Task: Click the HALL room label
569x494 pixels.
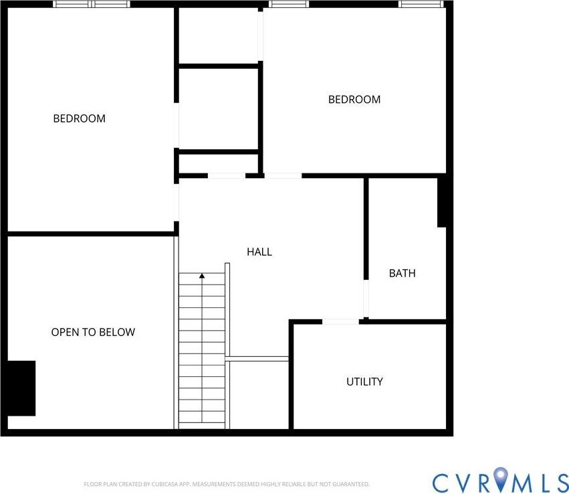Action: point(259,252)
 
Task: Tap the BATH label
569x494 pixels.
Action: point(402,273)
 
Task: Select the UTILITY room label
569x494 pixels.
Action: point(364,382)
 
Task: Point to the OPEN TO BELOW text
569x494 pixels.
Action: point(93,332)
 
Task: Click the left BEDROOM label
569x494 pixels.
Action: point(79,118)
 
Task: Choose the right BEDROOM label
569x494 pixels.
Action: point(354,100)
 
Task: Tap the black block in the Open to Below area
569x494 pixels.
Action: point(21,388)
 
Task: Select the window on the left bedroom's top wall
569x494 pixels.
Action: point(91,4)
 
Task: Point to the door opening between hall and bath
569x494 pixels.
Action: point(366,298)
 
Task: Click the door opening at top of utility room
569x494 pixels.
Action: point(340,322)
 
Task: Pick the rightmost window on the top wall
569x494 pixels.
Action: point(421,4)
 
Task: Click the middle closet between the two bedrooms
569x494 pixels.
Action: point(219,108)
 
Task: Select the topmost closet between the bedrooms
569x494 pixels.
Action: point(219,36)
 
